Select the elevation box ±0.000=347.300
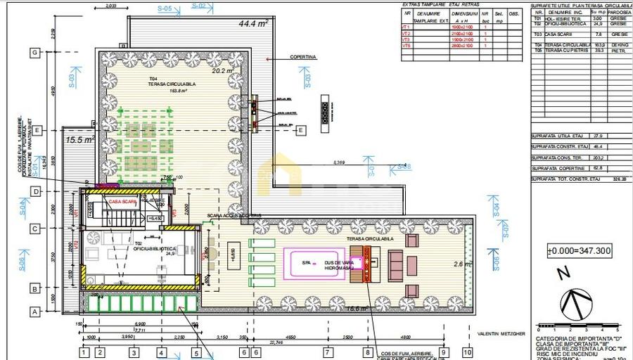[x=579, y=250]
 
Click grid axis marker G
[x=34, y=52]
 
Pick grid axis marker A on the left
[x=34, y=310]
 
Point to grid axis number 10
[x=467, y=352]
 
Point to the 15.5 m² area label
[x=79, y=140]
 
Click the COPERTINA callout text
[x=303, y=58]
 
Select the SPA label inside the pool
[x=306, y=262]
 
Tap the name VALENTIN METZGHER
[x=502, y=335]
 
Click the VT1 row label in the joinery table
[x=405, y=27]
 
